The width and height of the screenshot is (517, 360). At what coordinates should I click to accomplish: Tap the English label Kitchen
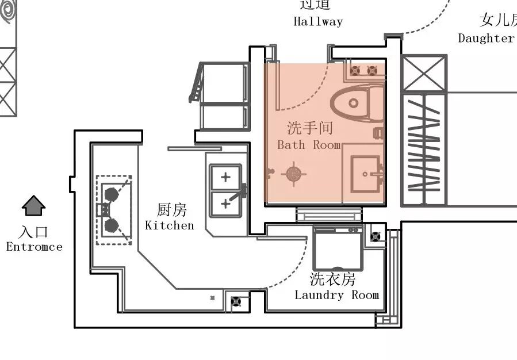coord(170,225)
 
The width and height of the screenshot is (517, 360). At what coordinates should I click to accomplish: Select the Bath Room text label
coord(309,145)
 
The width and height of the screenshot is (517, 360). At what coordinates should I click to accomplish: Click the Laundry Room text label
coord(337,295)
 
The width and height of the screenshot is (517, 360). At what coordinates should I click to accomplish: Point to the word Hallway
coord(318,22)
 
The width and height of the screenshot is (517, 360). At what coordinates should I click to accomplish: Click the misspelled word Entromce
coord(34,247)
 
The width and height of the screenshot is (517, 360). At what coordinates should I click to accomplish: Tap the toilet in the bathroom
coord(357,104)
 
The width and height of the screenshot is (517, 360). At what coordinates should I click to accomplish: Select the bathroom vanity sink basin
coord(365,173)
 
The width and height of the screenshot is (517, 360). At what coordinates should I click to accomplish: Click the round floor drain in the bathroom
coord(294,173)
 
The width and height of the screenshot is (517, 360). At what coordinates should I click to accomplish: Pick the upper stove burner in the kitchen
coord(112,194)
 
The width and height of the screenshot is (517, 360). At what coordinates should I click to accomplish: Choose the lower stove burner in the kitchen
coord(112,225)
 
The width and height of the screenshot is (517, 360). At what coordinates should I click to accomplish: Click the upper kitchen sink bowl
coord(225,177)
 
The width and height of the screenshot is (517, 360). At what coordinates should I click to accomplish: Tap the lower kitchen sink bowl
coord(225,204)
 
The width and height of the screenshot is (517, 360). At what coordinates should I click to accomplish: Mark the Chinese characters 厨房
coord(171,210)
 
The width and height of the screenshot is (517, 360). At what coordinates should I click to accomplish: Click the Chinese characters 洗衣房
coord(332,279)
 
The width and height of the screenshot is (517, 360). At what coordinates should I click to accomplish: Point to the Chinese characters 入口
coord(33,232)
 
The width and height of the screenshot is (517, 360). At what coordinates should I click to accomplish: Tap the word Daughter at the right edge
coord(487,39)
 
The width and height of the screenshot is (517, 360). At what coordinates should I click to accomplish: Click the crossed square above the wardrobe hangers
coord(424,73)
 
